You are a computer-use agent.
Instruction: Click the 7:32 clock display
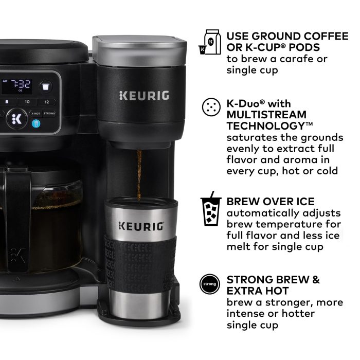pyautogui.click(x=21, y=84)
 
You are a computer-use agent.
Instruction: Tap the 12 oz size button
pyautogui.click(x=46, y=102)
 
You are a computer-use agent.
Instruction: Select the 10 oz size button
pyautogui.click(x=27, y=102)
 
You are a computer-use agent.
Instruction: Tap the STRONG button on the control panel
pyautogui.click(x=49, y=113)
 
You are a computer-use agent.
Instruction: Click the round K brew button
pyautogui.click(x=15, y=118)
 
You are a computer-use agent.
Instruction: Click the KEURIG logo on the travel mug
pyautogui.click(x=141, y=226)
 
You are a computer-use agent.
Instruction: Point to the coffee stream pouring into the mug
pyautogui.click(x=138, y=175)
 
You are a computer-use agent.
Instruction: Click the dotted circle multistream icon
pyautogui.click(x=210, y=106)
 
